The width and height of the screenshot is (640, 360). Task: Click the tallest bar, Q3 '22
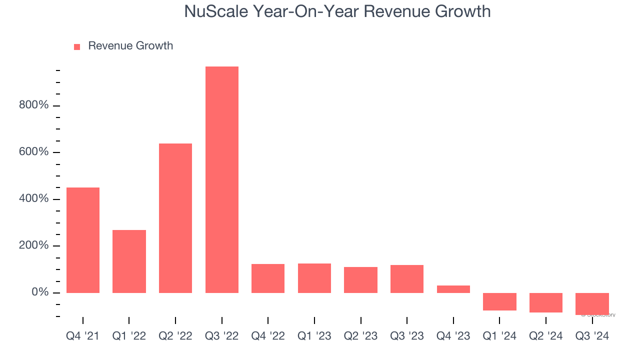tap(221, 179)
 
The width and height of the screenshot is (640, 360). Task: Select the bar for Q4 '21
tap(83, 240)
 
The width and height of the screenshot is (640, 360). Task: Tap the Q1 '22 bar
tap(129, 261)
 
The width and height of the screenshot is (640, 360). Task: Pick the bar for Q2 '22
tap(175, 218)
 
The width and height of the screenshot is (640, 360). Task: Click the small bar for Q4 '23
tap(453, 289)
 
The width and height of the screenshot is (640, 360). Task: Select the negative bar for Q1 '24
tap(499, 301)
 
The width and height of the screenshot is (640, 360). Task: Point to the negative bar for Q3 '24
tap(592, 303)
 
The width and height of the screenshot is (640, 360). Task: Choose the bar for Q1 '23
tap(314, 278)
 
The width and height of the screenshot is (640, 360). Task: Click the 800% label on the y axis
tap(33, 105)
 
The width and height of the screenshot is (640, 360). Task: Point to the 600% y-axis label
tap(33, 152)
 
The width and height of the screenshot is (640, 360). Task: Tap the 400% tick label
tap(33, 199)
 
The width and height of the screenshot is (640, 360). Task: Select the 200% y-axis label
tap(33, 245)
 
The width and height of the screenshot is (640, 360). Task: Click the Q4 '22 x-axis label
tap(268, 336)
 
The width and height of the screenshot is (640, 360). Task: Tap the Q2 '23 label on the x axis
tap(360, 336)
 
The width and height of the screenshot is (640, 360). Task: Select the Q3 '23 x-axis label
tap(407, 336)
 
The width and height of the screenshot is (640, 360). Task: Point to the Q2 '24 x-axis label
tap(545, 336)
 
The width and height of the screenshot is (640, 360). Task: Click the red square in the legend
tap(77, 46)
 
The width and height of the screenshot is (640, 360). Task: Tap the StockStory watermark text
tap(598, 315)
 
